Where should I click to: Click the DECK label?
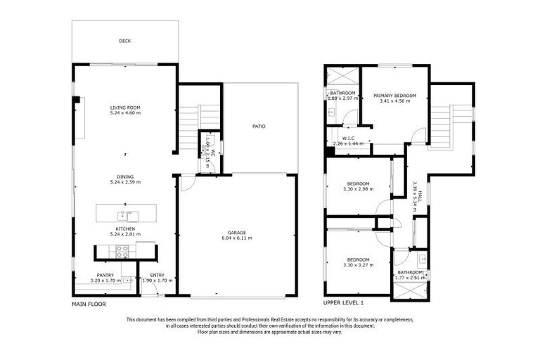point(124,41)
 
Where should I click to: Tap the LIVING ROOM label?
point(124,108)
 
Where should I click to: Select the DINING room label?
point(125,176)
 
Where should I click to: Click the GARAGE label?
point(237,232)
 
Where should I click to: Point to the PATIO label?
point(259,127)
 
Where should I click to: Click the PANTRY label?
point(105,275)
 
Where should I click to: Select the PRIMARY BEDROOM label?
point(394,96)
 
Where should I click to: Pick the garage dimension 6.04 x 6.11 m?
point(237,238)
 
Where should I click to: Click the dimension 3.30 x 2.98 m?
point(356,189)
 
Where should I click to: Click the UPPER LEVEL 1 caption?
point(343,303)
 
